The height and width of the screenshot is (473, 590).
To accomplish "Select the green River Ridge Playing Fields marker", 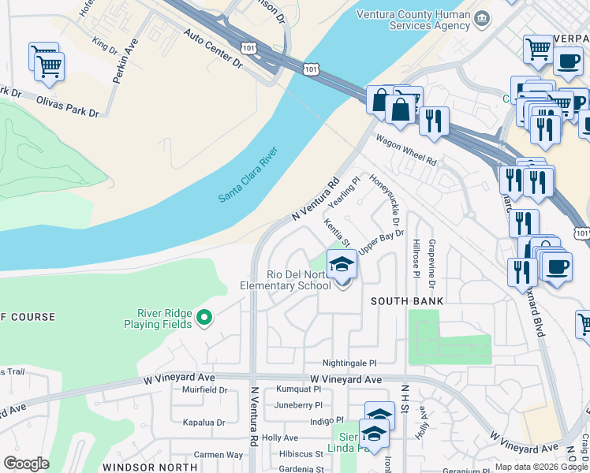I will pos(204,318).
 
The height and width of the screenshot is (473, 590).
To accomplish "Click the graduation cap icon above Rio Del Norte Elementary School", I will pos(342,266).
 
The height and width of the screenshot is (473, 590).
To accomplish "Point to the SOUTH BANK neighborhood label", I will pos(408,301).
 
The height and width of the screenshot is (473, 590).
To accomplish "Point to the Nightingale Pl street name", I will pos(350,363).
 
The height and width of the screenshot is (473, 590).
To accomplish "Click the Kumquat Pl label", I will pos(299,389).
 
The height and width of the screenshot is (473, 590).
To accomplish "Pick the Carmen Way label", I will pos(218,455).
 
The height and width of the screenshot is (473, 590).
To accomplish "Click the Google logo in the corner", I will pos(26,464).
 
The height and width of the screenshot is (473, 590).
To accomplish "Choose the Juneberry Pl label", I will pos(298,405).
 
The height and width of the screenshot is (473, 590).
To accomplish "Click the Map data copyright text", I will pos(540,467).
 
